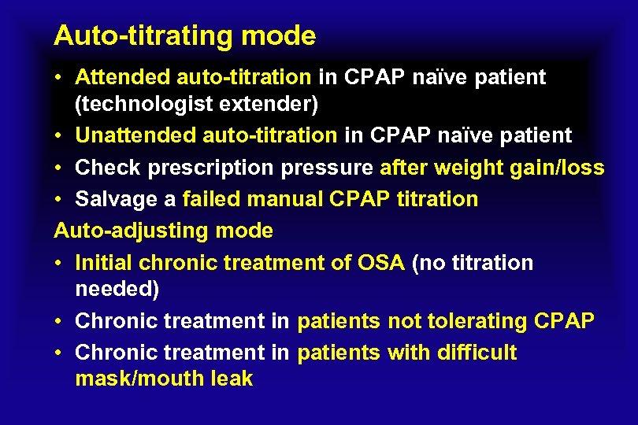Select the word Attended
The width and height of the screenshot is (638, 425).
coord(122,77)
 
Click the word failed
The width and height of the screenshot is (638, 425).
coord(211,199)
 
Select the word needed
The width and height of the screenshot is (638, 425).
coord(117,289)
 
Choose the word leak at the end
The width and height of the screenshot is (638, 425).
coord(232,379)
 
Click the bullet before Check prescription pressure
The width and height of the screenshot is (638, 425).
coord(60,168)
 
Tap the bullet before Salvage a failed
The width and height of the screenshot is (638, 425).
coord(60,200)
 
